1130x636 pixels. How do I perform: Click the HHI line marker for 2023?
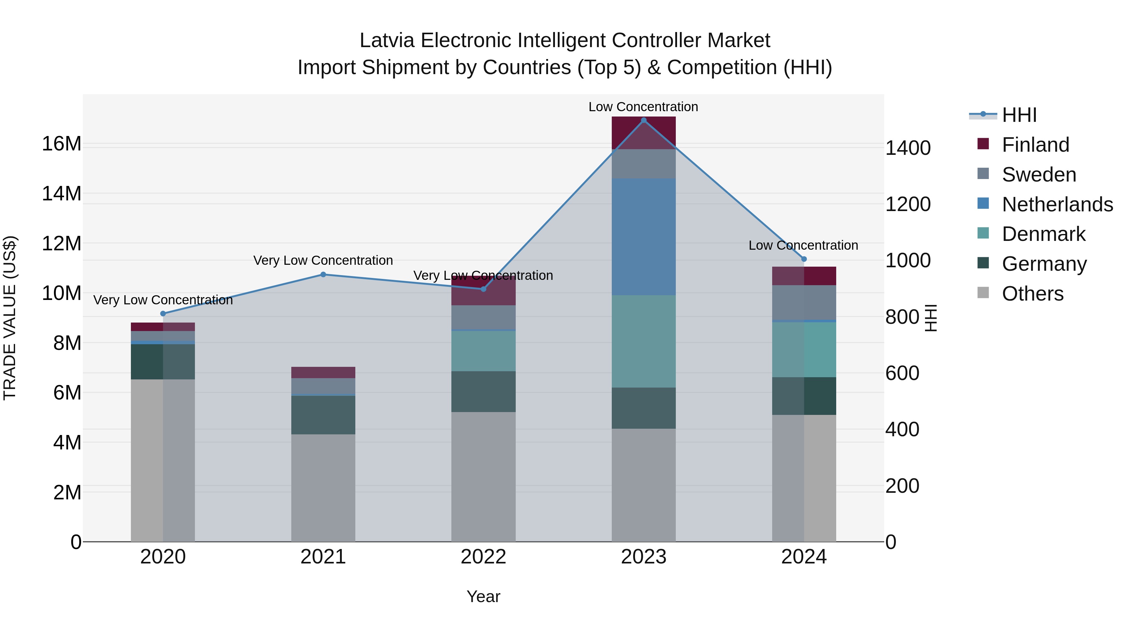643,120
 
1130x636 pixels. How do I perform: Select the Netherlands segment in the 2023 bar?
643,237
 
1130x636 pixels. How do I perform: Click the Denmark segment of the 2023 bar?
643,341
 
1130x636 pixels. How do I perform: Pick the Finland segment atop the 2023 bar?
643,133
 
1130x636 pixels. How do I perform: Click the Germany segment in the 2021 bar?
323,415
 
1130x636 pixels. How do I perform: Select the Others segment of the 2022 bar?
483,477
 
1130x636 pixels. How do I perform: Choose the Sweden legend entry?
1039,175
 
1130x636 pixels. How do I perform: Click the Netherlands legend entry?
1057,204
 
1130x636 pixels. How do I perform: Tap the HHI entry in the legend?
1019,115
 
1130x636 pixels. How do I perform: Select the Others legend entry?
1033,294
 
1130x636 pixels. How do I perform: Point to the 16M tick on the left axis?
62,144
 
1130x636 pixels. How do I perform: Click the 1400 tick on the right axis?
907,148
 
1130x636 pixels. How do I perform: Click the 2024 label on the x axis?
804,557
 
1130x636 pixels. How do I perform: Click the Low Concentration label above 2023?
643,107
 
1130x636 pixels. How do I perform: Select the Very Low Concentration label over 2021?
323,260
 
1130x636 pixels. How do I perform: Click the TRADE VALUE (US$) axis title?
10,318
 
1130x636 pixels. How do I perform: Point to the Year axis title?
483,596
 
